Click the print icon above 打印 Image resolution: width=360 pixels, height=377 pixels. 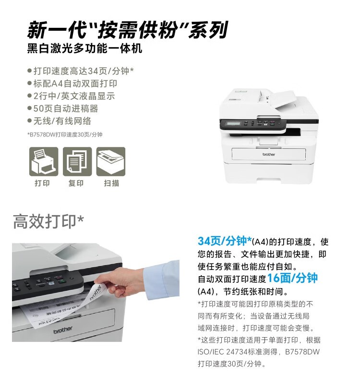point(44,161)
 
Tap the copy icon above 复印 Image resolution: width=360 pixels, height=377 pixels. point(77,161)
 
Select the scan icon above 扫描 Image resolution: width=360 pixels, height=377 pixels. point(111,161)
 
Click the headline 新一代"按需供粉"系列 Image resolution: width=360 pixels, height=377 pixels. point(127,30)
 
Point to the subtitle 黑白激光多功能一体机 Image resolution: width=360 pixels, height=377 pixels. point(84,49)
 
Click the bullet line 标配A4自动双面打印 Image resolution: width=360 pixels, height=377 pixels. point(72,84)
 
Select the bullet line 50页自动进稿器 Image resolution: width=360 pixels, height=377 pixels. point(63,109)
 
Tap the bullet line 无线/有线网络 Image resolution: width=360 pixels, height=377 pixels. point(60,121)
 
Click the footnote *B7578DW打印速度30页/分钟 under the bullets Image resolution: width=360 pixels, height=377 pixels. point(65,134)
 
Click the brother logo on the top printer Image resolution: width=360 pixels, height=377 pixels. point(269,154)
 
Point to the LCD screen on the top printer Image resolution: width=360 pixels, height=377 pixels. point(233,123)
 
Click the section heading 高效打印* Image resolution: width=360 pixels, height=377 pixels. point(48,221)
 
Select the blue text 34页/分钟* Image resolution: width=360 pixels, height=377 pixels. point(225,241)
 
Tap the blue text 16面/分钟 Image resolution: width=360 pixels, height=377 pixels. point(292,278)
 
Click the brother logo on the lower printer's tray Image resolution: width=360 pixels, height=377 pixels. point(63,330)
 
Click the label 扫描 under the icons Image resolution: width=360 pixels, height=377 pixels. point(111,183)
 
